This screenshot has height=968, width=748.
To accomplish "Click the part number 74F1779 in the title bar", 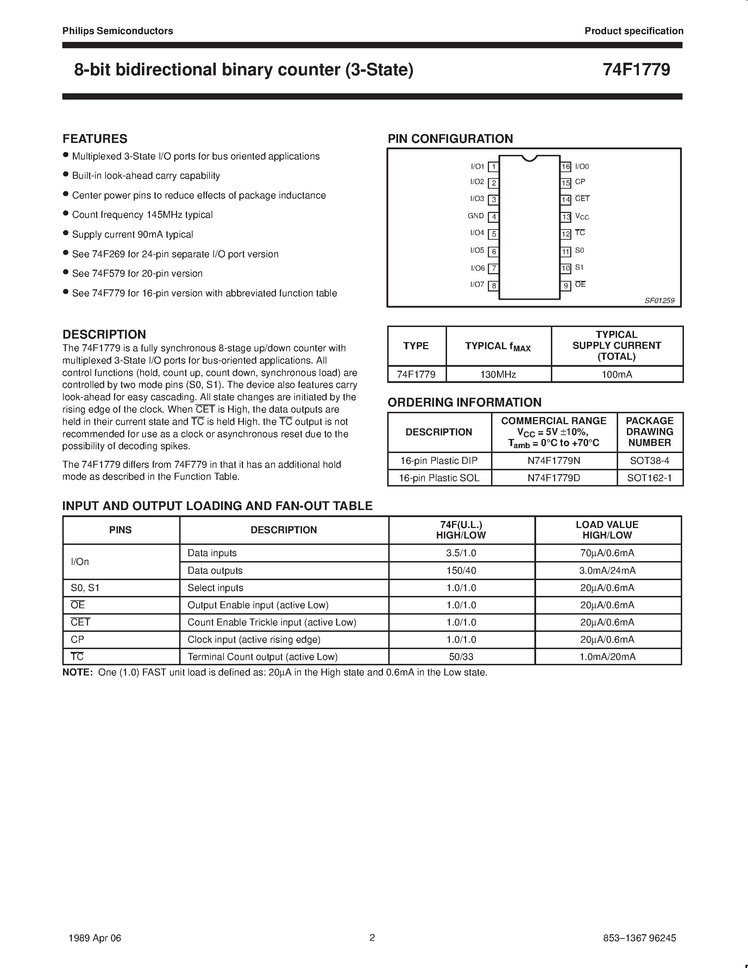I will pyautogui.click(x=636, y=70).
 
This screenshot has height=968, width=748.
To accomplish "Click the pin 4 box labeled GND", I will pyautogui.click(x=493, y=217).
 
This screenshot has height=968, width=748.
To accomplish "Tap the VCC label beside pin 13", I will pyautogui.click(x=582, y=217).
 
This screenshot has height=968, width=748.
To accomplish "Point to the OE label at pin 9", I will pyautogui.click(x=580, y=284).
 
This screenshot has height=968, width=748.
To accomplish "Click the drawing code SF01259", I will pyautogui.click(x=659, y=301).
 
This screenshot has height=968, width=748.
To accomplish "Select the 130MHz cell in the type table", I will pyautogui.click(x=498, y=375).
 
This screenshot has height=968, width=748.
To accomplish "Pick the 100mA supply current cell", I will pyautogui.click(x=616, y=375).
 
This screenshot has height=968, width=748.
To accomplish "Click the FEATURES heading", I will pyautogui.click(x=95, y=139).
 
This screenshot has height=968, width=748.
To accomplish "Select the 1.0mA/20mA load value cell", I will pyautogui.click(x=607, y=657).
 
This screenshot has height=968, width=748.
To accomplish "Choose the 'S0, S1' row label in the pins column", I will pyautogui.click(x=85, y=588).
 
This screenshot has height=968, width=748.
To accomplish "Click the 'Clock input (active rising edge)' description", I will pyautogui.click(x=253, y=640).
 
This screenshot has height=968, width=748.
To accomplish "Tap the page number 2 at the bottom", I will pyautogui.click(x=372, y=937).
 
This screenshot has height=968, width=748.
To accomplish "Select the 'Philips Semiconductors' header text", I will pyautogui.click(x=118, y=31).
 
